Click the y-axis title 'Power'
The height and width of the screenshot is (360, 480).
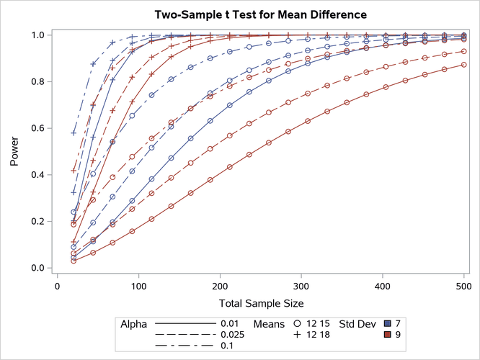click(x=15, y=152)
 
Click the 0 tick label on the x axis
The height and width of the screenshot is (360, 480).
click(x=58, y=286)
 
